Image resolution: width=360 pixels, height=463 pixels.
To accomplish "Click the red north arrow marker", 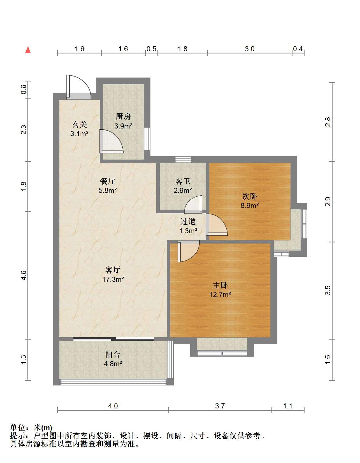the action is click(28, 50).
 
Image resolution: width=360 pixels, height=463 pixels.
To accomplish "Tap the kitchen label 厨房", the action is click(123, 116).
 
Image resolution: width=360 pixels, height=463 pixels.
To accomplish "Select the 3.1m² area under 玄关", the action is click(79, 134).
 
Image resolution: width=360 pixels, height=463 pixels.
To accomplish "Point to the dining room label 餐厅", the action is click(107, 181).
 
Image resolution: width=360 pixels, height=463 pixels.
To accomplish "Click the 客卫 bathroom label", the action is click(182, 181).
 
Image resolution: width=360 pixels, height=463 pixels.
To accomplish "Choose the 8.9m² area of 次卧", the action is click(250, 205).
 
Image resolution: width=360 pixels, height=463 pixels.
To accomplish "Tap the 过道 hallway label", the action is click(188, 222).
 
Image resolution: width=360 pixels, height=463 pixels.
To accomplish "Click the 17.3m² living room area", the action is click(113, 279).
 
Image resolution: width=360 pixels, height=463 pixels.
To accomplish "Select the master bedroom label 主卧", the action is click(220, 285).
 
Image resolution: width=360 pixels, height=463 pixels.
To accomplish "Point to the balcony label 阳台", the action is click(113, 355).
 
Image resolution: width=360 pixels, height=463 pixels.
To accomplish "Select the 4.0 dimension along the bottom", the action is click(113, 406).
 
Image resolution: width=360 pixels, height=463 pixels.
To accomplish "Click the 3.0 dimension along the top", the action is click(249, 49).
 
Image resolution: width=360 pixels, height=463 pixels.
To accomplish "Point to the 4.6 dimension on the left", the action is click(24, 275).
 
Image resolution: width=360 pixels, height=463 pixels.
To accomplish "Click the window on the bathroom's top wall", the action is click(183, 160).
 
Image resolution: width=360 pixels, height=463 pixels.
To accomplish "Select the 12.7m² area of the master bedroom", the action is click(220, 294).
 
